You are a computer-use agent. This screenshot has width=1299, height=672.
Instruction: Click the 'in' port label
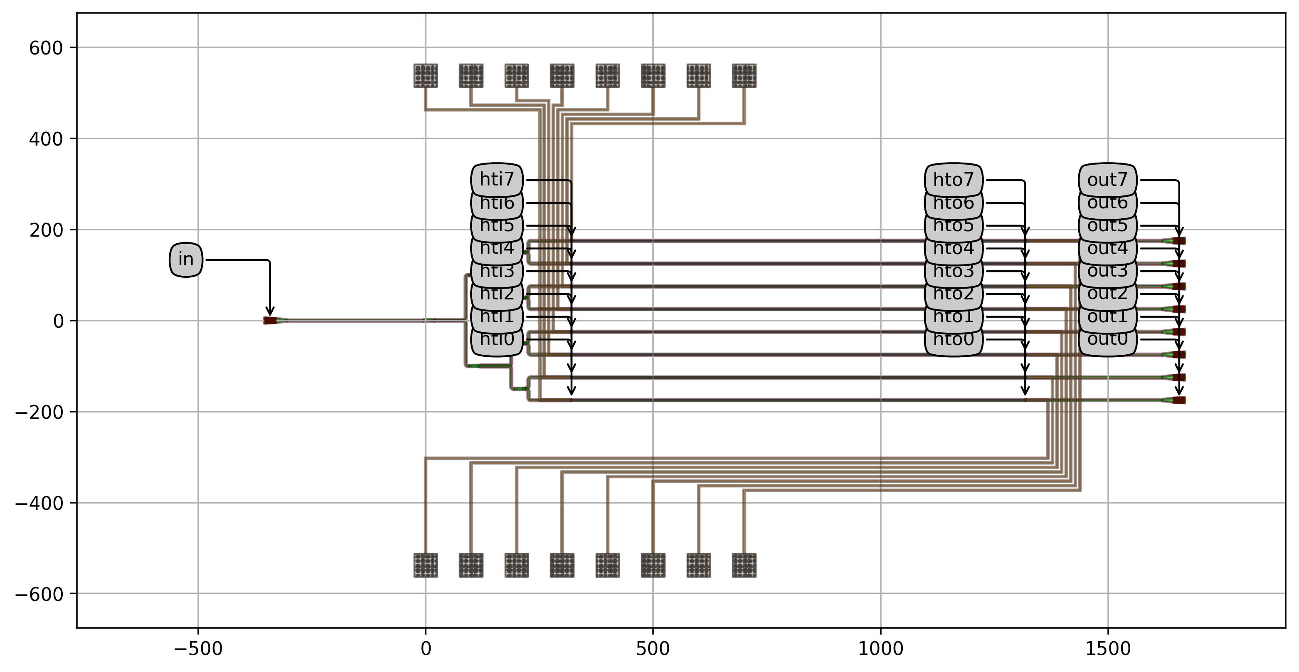click(185, 259)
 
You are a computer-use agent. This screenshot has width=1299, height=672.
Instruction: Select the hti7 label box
click(497, 180)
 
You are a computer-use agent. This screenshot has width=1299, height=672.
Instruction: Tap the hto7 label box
click(953, 180)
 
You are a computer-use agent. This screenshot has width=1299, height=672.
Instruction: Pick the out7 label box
click(1107, 180)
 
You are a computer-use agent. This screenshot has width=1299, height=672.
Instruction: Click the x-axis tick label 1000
click(880, 649)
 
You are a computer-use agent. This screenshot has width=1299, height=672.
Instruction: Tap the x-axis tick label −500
click(198, 649)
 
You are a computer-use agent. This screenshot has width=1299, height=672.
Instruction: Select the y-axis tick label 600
click(46, 48)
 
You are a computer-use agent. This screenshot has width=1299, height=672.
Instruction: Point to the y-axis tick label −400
click(39, 503)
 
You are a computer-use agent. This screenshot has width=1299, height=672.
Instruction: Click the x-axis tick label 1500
click(1108, 649)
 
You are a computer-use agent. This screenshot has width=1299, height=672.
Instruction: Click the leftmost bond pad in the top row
click(426, 76)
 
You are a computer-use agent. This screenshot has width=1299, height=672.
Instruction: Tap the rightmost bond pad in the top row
click(744, 76)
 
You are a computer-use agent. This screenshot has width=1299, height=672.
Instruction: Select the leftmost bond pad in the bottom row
click(426, 565)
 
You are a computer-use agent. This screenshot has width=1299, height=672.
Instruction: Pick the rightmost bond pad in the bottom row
click(744, 565)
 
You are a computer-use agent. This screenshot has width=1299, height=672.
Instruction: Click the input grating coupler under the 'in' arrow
click(271, 320)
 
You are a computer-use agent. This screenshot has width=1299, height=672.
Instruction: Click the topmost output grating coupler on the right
click(1178, 241)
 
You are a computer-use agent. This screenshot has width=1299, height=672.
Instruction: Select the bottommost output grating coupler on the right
click(1178, 400)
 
